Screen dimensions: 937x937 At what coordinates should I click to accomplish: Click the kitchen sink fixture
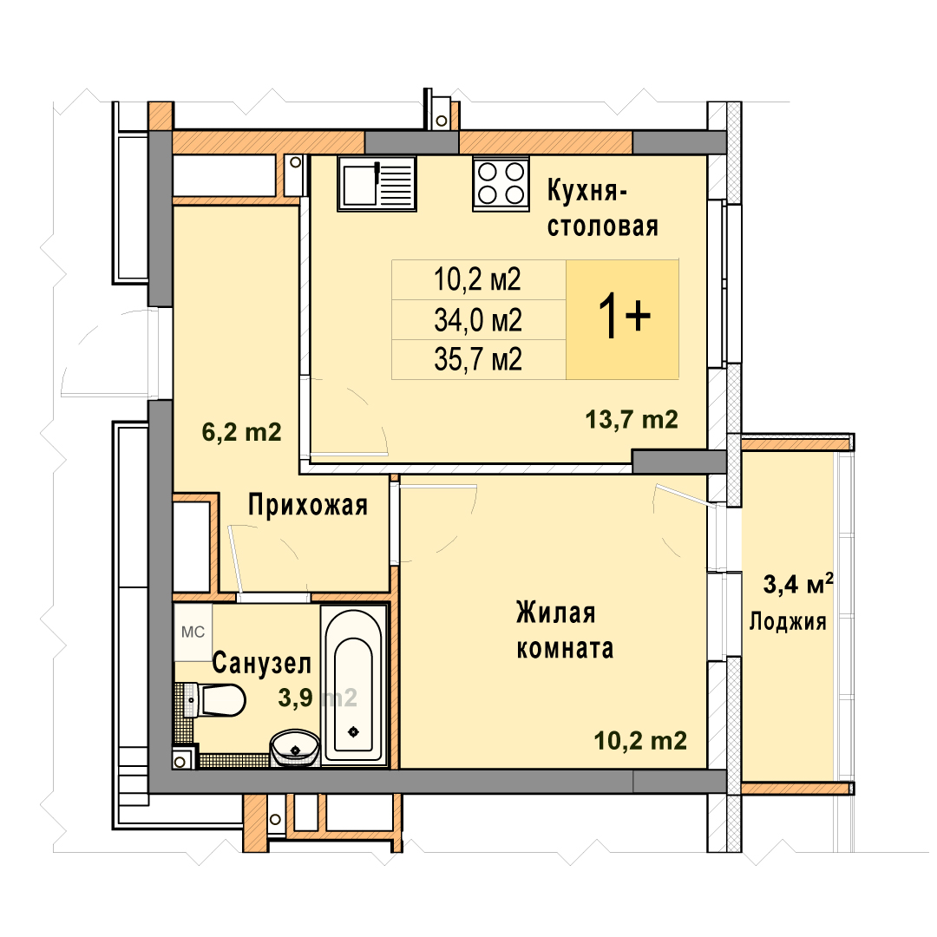pos(377,183)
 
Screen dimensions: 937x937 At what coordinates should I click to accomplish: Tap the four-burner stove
pos(501,183)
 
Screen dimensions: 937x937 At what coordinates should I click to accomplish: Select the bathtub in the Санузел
pos(353,685)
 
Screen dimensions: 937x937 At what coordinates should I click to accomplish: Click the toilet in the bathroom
pos(215,700)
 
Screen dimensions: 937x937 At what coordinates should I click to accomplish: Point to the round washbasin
pos(295,747)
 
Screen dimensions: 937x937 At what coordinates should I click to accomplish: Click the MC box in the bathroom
pos(193,632)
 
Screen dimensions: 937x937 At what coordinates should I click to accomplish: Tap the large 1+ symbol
pos(624,317)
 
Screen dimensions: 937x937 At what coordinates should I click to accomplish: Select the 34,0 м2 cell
pos(479,319)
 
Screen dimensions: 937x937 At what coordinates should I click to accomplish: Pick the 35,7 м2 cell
pos(479,360)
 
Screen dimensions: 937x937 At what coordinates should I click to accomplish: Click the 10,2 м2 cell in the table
pos(479,279)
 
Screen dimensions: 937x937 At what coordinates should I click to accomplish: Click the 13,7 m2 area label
pos(632,420)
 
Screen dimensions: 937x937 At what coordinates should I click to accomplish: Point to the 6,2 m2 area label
pos(241,431)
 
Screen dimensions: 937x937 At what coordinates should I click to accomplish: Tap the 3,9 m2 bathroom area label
pos(318,698)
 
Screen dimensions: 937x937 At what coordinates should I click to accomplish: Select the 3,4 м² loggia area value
pos(798,583)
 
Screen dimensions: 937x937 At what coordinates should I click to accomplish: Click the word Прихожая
pos(308,506)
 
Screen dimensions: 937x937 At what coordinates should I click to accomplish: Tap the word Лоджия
pos(788,621)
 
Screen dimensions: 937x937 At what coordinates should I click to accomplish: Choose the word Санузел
pos(262,664)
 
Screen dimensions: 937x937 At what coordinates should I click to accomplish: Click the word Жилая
pos(556,613)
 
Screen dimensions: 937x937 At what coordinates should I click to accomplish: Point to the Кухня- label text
pos(587,191)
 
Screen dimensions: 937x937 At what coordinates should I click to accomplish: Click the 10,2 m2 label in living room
pos(640,741)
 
